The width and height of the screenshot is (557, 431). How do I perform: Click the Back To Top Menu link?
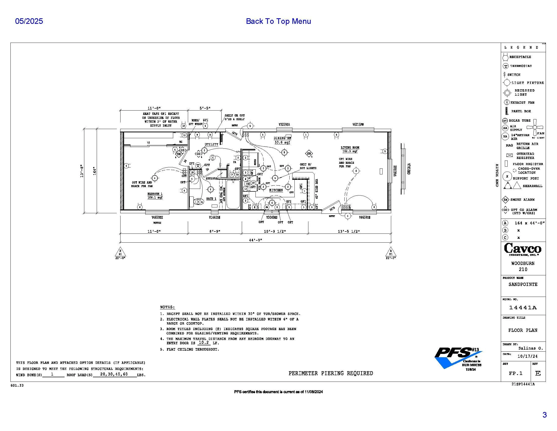[278, 21]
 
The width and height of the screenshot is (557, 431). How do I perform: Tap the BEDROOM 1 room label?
[155, 194]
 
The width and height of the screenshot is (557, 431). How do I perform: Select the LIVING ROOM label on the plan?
[350, 148]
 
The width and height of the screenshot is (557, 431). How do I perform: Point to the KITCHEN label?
[276, 190]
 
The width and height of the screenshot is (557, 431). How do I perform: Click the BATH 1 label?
[211, 199]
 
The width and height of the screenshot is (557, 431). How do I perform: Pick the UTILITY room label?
[211, 145]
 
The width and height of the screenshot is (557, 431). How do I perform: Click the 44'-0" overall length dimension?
[255, 240]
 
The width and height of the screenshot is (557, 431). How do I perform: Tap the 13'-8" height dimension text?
[82, 171]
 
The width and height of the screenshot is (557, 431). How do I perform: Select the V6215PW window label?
[358, 124]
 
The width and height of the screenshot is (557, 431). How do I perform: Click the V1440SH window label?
[214, 218]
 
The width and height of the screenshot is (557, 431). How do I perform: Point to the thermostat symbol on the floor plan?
[198, 166]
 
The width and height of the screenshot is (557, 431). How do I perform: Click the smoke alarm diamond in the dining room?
[309, 154]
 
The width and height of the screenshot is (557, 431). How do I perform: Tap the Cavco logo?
[523, 249]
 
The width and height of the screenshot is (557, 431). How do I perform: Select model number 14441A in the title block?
[523, 308]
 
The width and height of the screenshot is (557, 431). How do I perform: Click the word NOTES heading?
[167, 307]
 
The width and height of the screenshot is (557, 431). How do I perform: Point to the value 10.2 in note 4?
[204, 343]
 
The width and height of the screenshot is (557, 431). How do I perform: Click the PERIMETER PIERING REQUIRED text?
[330, 373]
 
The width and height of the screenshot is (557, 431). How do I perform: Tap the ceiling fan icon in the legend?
[535, 127]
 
